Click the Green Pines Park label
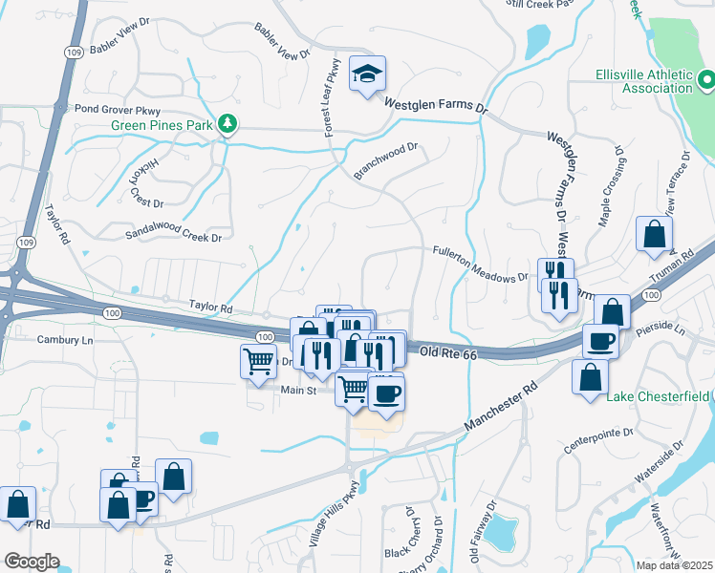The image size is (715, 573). point(162,125)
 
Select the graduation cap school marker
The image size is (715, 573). point(368,74)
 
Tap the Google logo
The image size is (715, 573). point(32,562)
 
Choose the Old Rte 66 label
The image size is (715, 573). point(448,354)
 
